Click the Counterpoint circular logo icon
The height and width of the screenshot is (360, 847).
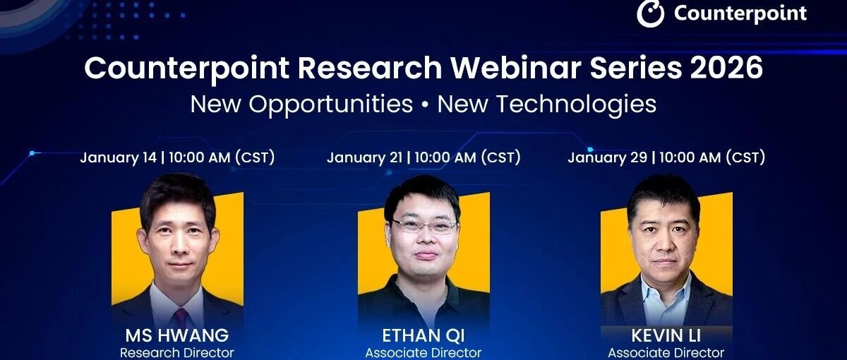(x=650, y=13)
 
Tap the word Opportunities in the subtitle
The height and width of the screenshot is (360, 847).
(x=330, y=104)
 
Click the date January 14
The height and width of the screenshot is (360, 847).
(x=119, y=157)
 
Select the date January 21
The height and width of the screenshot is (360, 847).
(x=364, y=157)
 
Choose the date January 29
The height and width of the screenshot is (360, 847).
(x=608, y=157)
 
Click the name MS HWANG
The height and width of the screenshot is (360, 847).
(x=177, y=335)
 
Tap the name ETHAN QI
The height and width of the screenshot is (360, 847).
(x=423, y=335)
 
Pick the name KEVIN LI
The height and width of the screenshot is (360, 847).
(x=666, y=335)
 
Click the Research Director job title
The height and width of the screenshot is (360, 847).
(x=177, y=353)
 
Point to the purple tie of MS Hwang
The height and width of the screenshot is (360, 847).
(x=181, y=317)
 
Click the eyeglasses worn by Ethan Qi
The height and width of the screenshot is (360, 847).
(x=425, y=226)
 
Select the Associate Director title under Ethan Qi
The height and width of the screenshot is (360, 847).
(x=423, y=353)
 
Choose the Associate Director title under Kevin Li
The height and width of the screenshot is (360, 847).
(x=666, y=353)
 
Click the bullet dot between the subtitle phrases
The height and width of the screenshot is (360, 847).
(x=425, y=105)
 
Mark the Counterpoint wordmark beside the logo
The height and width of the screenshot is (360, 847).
(x=740, y=14)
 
